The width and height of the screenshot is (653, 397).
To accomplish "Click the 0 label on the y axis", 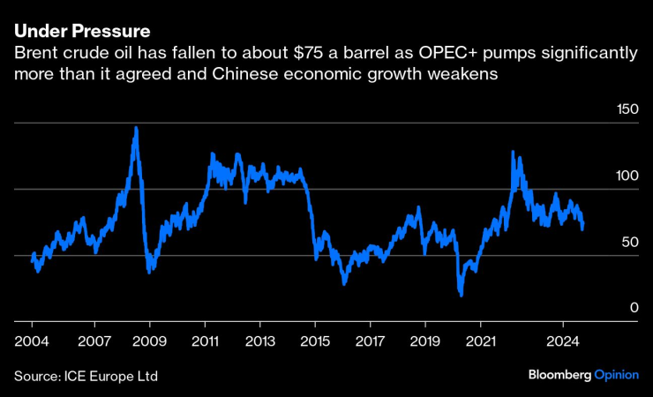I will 633,307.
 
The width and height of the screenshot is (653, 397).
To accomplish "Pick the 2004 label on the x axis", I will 31,339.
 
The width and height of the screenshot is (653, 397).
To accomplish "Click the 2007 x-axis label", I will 94,339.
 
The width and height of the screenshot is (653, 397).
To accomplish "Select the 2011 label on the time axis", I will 205,339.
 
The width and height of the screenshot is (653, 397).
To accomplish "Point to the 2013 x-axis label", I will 259,339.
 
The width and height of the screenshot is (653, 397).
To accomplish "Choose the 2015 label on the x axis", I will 315,339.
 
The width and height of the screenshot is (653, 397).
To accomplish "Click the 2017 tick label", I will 371,339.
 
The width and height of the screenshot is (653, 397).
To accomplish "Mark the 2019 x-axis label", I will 425,339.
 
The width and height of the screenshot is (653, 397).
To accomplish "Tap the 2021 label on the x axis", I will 481,339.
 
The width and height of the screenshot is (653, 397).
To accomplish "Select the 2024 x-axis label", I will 563,339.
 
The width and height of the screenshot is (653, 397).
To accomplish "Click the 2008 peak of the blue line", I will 135,128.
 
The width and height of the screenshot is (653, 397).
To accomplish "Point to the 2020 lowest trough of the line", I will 462,294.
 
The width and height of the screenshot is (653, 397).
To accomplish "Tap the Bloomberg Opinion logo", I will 582,375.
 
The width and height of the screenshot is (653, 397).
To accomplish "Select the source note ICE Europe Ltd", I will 114,376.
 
